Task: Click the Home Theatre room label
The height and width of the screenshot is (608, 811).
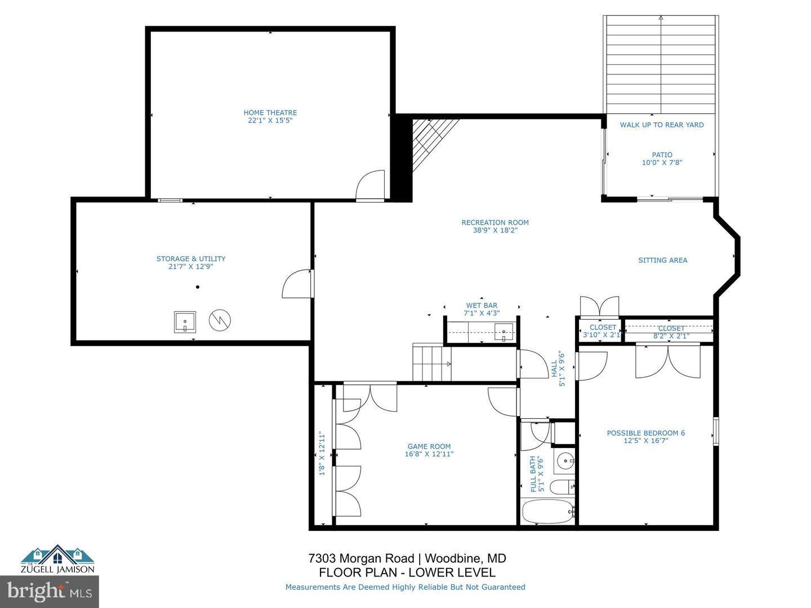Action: [270, 113]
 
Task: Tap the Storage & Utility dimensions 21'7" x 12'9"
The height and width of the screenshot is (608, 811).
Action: [191, 267]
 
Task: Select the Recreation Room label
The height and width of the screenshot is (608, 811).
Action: [495, 222]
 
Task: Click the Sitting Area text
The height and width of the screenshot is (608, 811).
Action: [662, 260]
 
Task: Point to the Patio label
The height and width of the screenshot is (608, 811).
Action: [662, 155]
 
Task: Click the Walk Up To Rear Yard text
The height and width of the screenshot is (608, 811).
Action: [662, 125]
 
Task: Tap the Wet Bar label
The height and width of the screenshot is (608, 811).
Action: [482, 306]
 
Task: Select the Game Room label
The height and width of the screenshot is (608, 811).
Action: [429, 446]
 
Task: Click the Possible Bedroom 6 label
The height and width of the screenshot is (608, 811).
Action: [645, 433]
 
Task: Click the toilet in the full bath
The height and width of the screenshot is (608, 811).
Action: [561, 487]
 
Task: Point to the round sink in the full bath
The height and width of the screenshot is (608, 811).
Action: [564, 462]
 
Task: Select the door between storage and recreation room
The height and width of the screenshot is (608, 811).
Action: [297, 284]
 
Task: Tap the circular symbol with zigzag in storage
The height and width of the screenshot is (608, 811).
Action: [220, 320]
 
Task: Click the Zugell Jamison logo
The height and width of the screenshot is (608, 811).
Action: [58, 558]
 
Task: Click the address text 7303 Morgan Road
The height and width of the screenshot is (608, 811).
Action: [363, 558]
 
